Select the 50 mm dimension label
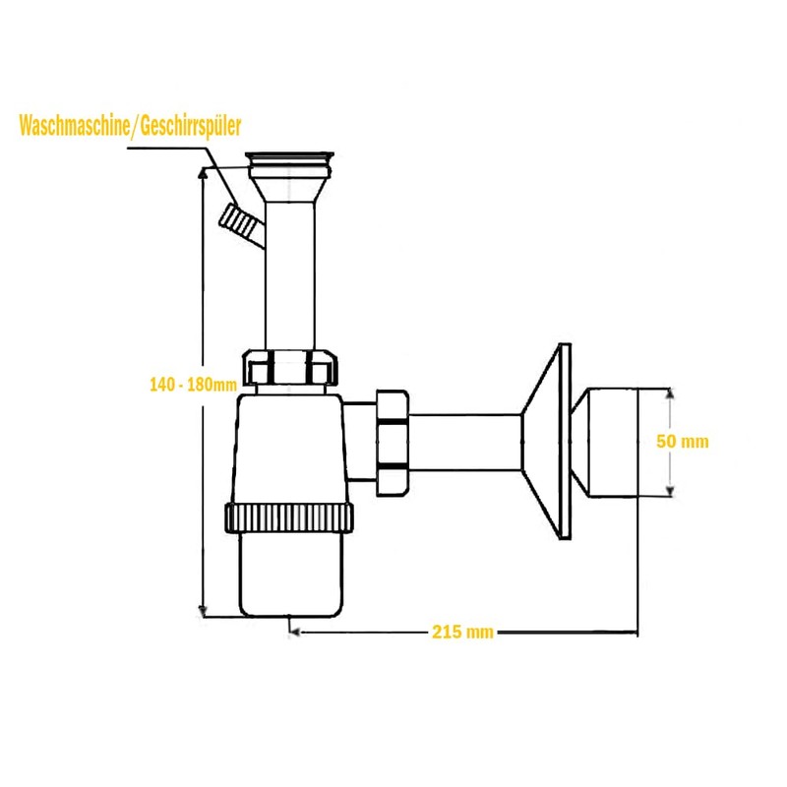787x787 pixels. [683, 442]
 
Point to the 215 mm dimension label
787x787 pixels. [461, 632]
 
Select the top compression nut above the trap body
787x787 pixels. [293, 367]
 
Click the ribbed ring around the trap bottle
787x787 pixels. [289, 517]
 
